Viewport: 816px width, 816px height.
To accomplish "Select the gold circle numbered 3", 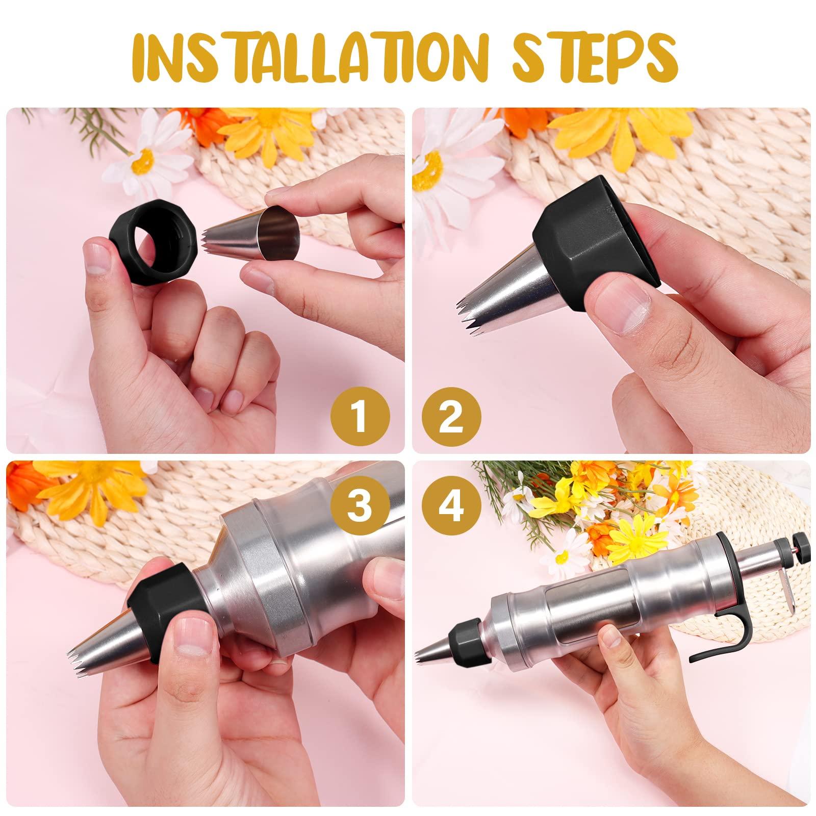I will (360, 494).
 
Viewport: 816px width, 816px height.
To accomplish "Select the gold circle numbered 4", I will (451, 494).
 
